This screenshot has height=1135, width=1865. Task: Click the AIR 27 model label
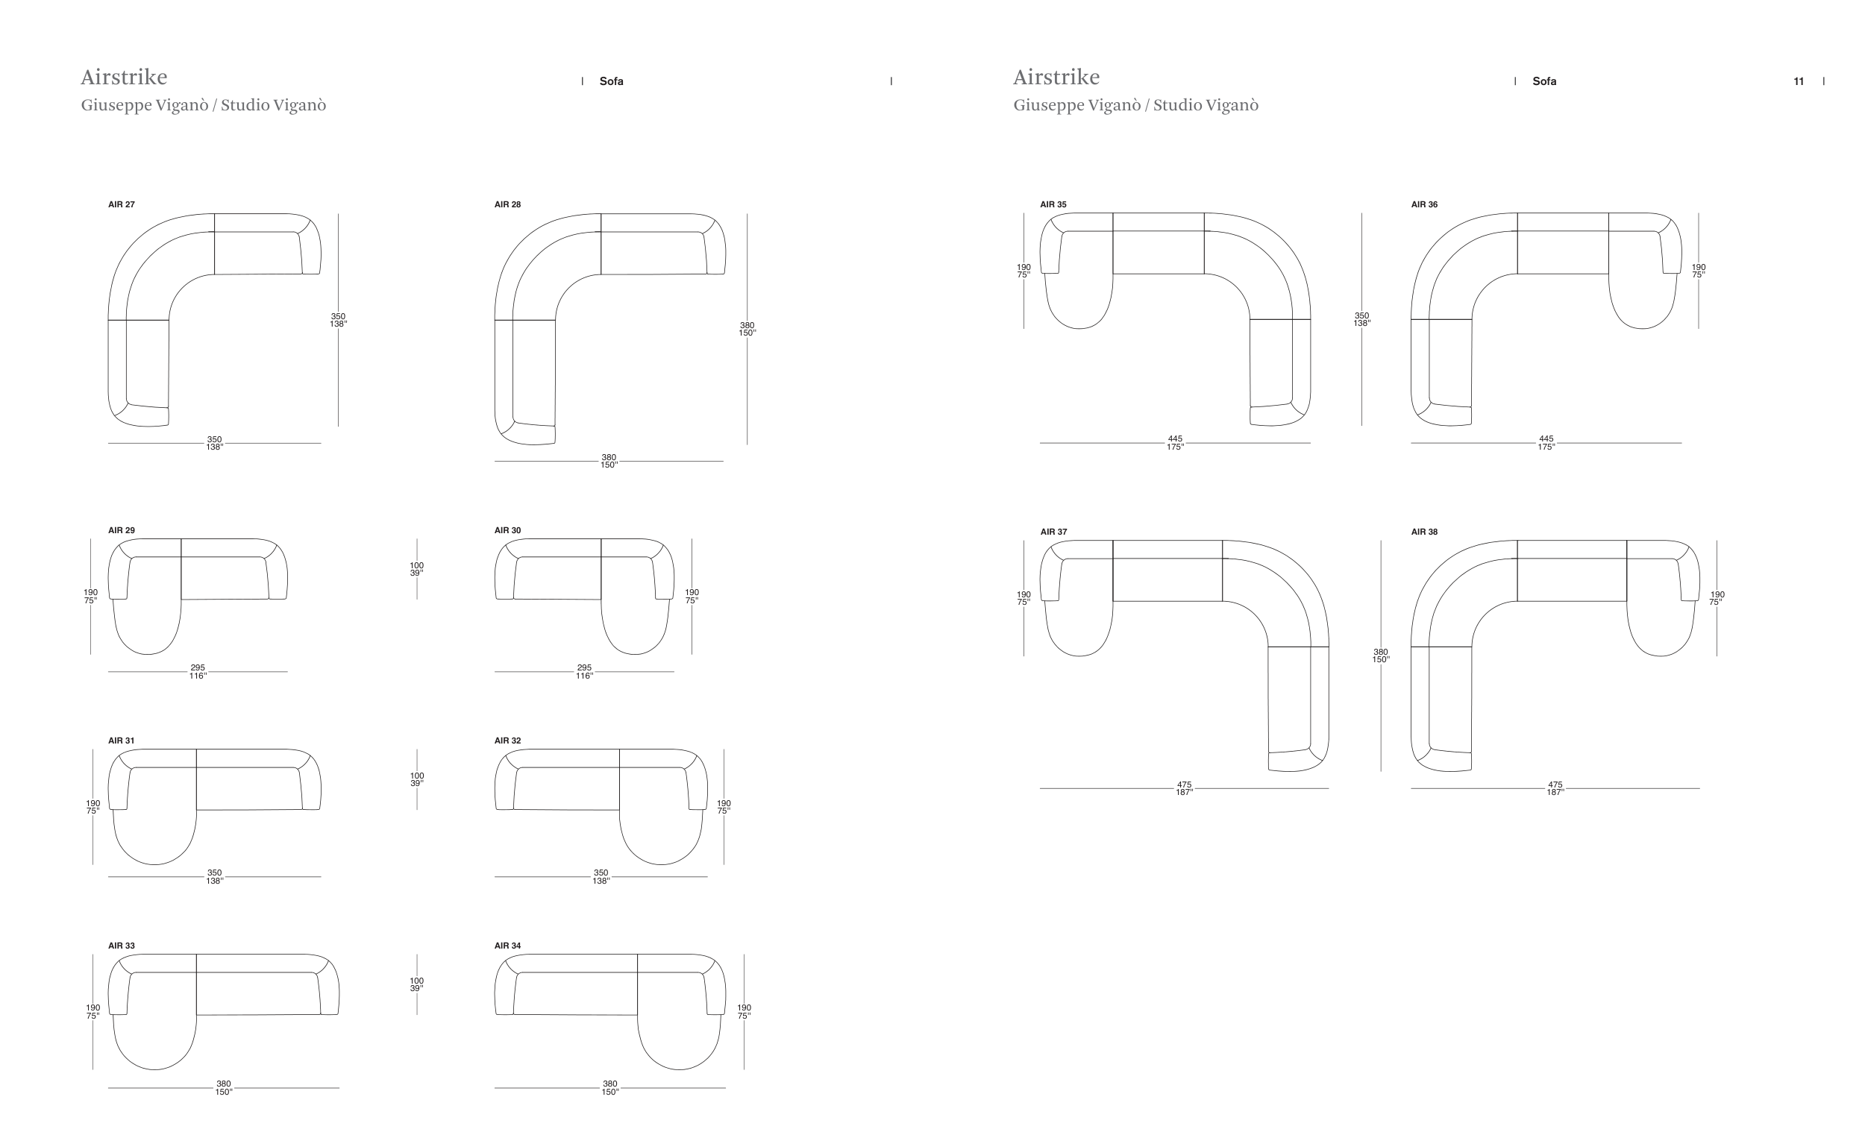click(x=121, y=204)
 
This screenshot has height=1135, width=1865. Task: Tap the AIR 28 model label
click(x=507, y=204)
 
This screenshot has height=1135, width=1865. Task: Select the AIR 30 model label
click(x=507, y=530)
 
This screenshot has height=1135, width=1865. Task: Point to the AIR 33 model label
click(x=121, y=946)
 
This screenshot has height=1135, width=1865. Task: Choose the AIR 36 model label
click(x=1423, y=204)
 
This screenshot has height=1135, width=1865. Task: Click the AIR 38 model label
click(x=1423, y=532)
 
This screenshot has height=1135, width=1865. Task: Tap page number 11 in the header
click(x=1799, y=82)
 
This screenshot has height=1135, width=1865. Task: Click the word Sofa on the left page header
click(x=612, y=81)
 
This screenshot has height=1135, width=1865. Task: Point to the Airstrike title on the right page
click(x=1056, y=77)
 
